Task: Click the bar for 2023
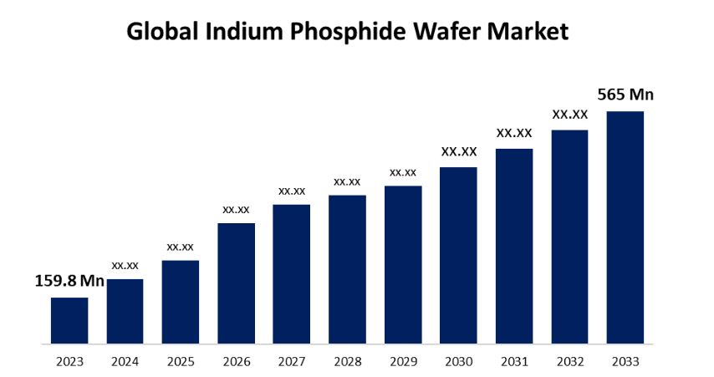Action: (x=69, y=320)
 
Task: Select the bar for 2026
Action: (x=236, y=283)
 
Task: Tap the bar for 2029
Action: (x=403, y=264)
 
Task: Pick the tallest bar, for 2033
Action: (x=625, y=227)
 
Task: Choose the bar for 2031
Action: (x=514, y=246)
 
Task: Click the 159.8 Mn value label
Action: (x=69, y=281)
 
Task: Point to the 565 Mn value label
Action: (x=625, y=94)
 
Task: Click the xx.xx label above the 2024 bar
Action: (x=125, y=265)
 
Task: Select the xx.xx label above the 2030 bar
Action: (x=459, y=151)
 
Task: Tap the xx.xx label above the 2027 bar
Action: (x=292, y=191)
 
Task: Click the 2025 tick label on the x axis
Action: (x=181, y=362)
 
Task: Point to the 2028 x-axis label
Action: (x=347, y=362)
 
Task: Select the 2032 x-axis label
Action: (x=569, y=362)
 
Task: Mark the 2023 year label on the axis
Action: (x=69, y=362)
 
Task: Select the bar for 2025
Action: (x=181, y=302)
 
